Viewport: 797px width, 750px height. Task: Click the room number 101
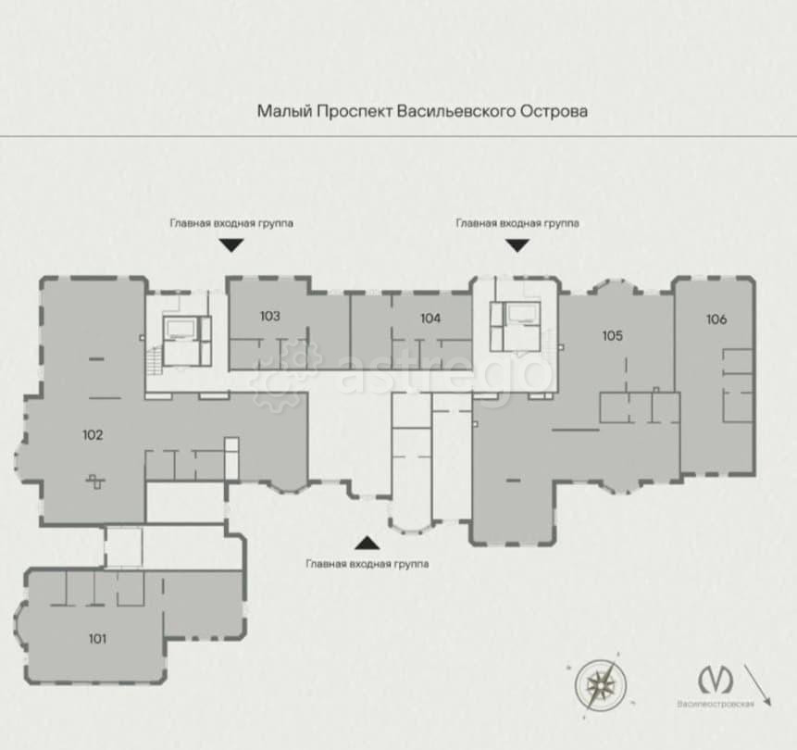[x=97, y=639]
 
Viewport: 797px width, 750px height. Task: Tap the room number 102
[x=93, y=435]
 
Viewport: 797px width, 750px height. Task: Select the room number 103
[x=270, y=317]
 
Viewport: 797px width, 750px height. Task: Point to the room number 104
[x=430, y=319]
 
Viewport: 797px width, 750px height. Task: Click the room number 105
[x=613, y=335]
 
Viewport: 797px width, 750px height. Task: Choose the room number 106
[x=716, y=319]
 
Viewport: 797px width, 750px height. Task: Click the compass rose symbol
[x=602, y=685]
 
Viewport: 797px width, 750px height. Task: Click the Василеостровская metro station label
[x=716, y=705]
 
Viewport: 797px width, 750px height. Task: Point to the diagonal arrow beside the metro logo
[x=758, y=685]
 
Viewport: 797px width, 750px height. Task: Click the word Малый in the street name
[x=284, y=111]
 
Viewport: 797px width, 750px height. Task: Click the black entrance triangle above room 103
[x=231, y=245]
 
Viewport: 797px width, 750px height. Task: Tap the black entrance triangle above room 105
[x=517, y=245]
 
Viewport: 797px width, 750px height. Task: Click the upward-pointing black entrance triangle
[x=367, y=543]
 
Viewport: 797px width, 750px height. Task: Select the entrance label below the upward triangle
[x=367, y=564]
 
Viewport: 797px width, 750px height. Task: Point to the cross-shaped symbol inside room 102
[x=95, y=481]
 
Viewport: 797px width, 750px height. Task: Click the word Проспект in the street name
[x=355, y=111]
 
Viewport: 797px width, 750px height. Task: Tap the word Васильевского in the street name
[x=456, y=111]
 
